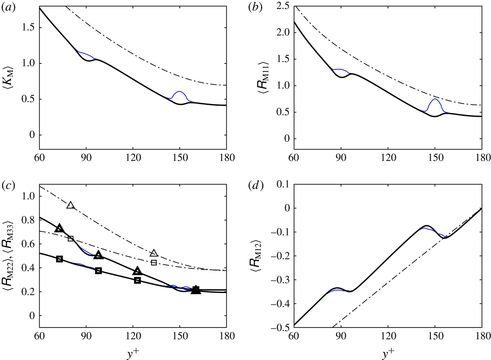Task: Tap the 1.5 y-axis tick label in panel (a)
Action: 28,28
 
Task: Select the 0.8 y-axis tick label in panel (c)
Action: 28,220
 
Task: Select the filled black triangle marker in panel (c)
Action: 195,290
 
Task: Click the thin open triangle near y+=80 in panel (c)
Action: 71,205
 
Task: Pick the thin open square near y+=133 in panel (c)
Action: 154,262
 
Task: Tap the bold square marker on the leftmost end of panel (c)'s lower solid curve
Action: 60,259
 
